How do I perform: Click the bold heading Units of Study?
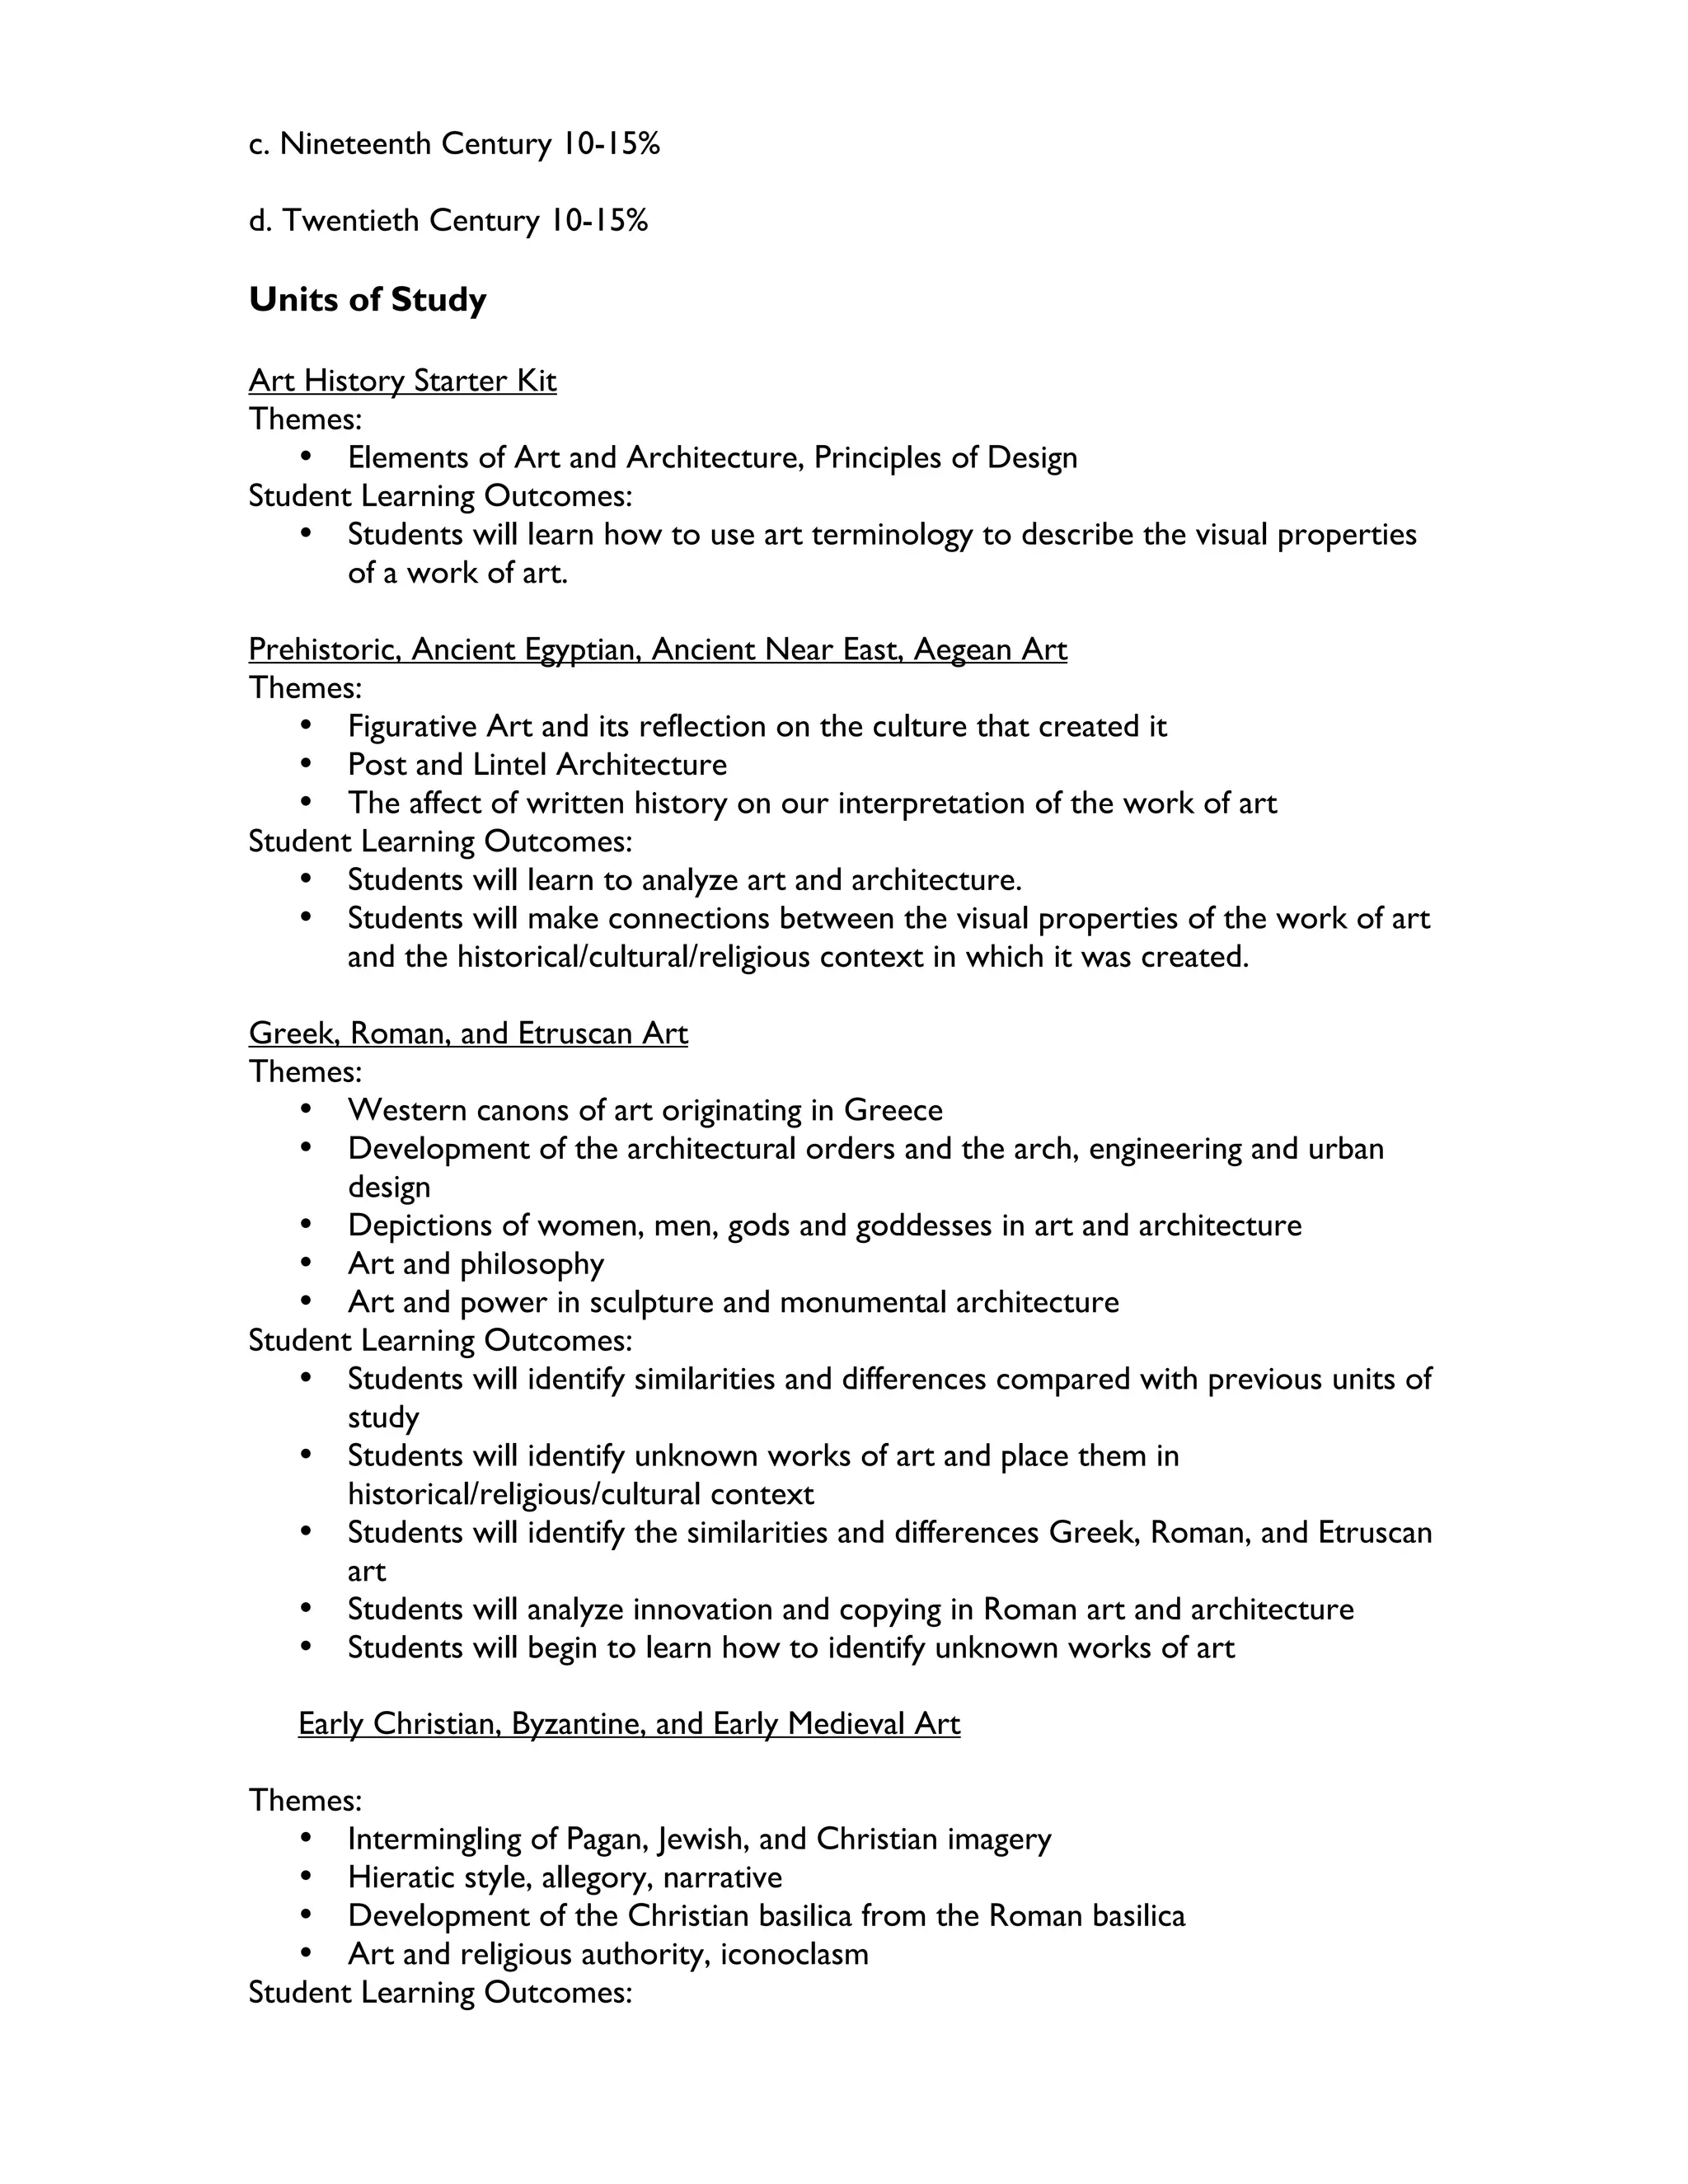click(x=367, y=299)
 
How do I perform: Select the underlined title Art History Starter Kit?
click(x=402, y=381)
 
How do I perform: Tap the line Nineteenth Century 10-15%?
click(x=454, y=144)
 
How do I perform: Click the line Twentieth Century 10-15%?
click(x=448, y=220)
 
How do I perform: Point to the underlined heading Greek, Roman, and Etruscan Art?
click(x=468, y=1033)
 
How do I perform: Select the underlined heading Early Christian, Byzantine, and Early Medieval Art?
click(x=629, y=1724)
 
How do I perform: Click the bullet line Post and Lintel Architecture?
click(x=537, y=765)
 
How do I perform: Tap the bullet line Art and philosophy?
click(x=476, y=1264)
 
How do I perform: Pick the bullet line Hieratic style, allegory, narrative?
click(x=565, y=1877)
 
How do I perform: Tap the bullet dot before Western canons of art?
click(x=306, y=1110)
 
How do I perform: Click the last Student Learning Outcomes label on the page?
click(x=440, y=1992)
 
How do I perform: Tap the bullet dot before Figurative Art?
click(x=306, y=726)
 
